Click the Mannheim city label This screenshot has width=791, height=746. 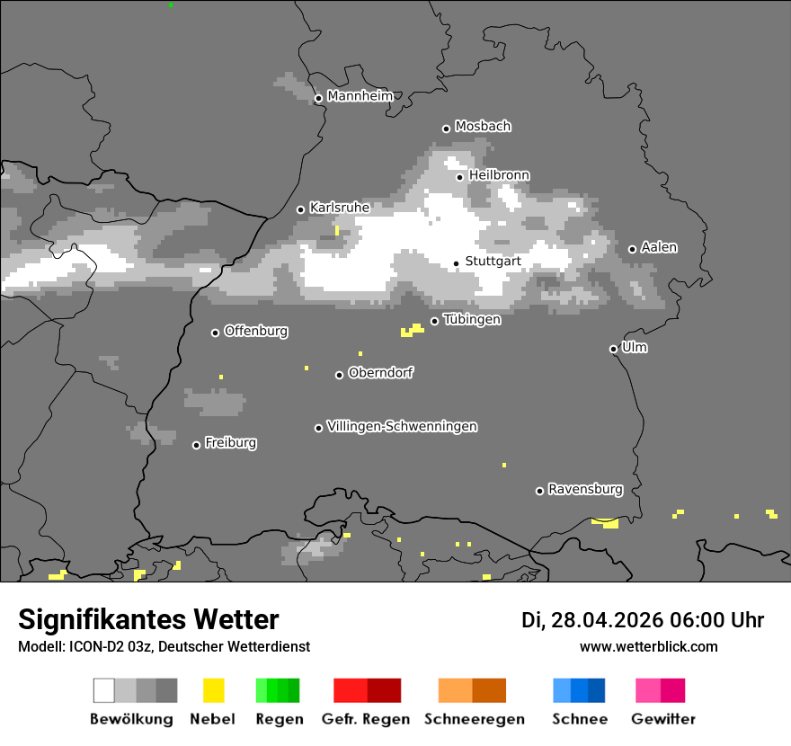click(x=360, y=96)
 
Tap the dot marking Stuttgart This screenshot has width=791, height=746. click(x=456, y=263)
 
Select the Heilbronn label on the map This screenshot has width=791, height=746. click(x=499, y=175)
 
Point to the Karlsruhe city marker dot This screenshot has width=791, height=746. click(x=301, y=209)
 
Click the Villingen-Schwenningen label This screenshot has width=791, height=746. click(x=402, y=426)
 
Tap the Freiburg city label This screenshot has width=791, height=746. click(x=230, y=443)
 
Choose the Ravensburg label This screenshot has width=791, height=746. click(x=585, y=490)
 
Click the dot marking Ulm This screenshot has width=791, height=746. click(x=613, y=349)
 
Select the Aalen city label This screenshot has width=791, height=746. click(x=659, y=247)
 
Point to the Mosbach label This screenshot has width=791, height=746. click(x=483, y=127)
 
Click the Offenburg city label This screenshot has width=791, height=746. click(x=256, y=331)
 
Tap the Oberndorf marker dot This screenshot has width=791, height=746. click(x=339, y=375)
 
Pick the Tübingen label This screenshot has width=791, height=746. click(x=472, y=320)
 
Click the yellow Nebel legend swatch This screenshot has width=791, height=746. click(x=213, y=690)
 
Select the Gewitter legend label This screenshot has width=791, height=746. click(x=663, y=719)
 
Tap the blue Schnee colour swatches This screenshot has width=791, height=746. click(x=579, y=690)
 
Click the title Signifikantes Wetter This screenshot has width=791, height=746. click(x=148, y=620)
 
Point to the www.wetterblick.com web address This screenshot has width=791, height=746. click(x=648, y=646)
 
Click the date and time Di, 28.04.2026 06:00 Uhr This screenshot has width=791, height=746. click(x=643, y=620)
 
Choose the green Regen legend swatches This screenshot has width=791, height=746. click(x=278, y=690)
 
